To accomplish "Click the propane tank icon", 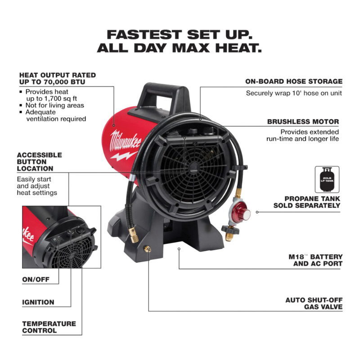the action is click(x=327, y=180).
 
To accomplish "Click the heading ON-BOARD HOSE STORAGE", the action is click(x=294, y=81).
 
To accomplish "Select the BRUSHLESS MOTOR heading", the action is click(x=303, y=121).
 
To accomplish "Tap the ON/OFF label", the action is click(x=36, y=279).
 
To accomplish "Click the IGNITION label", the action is click(x=38, y=302).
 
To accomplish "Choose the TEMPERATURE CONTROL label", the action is click(x=49, y=327).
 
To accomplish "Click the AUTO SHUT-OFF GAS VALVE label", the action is click(x=314, y=303).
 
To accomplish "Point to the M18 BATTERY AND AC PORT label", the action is click(x=315, y=260).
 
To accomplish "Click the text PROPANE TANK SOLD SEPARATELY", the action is click(x=307, y=202).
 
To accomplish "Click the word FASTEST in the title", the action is click(x=144, y=35).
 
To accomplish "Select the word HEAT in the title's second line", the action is click(x=238, y=48).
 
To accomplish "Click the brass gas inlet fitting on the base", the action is click(x=147, y=249).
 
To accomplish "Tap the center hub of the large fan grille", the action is click(x=193, y=167).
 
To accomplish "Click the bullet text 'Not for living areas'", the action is click(x=54, y=105).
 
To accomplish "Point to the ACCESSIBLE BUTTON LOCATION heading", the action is click(x=39, y=162).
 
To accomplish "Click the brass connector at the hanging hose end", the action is click(x=133, y=235).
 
